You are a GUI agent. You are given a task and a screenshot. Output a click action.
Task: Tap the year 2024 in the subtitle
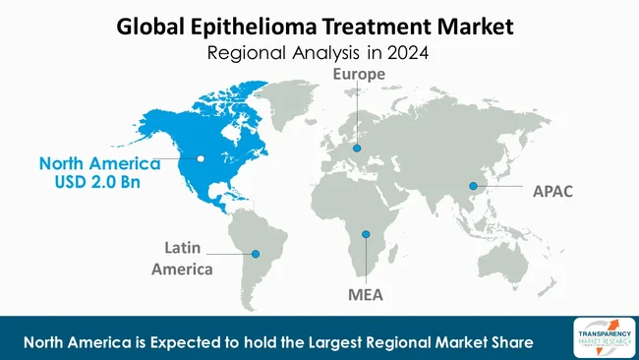tap(409, 52)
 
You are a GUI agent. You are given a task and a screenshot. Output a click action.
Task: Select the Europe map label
tap(358, 74)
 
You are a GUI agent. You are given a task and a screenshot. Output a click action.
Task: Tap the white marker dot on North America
tap(201, 157)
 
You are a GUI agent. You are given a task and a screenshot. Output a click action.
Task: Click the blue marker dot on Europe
tap(358, 150)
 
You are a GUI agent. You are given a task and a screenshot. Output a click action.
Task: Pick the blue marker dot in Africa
tap(365, 233)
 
